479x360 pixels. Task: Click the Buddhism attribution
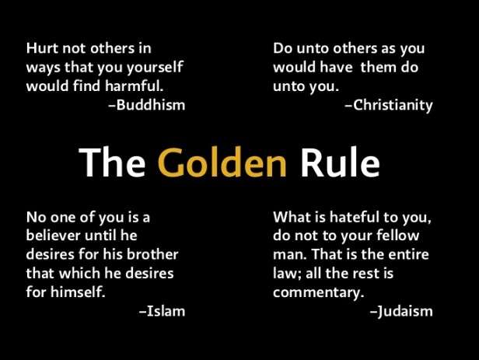(x=150, y=105)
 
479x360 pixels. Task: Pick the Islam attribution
(x=165, y=311)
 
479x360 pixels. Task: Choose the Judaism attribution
(x=404, y=311)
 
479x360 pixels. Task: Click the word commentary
(x=318, y=292)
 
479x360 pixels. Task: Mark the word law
(x=285, y=273)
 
